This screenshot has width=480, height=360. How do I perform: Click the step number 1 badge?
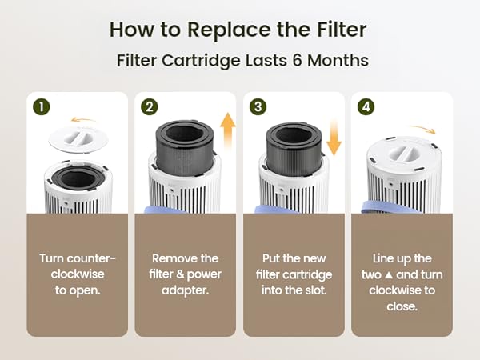coord(38,106)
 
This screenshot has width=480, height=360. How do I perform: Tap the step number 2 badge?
coord(147,106)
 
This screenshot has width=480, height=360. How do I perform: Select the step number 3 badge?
coord(256,106)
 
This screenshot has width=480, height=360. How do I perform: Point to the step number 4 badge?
coord(365,106)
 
